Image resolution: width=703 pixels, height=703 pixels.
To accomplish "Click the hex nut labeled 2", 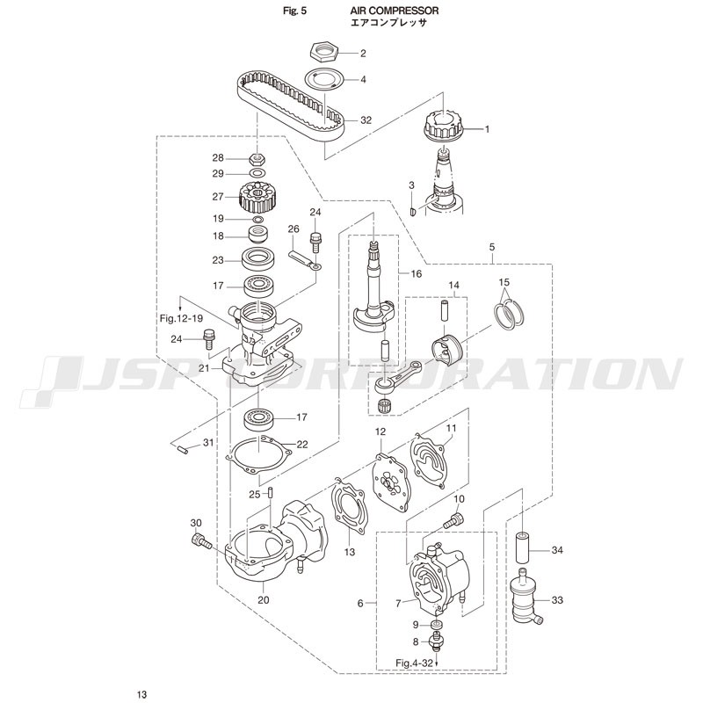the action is pos(323,52).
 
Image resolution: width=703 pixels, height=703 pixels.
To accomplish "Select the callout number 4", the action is pos(363,80).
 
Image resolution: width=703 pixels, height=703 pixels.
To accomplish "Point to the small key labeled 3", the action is pos(413,210).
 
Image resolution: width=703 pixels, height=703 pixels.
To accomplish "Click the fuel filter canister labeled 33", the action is pos(525,597).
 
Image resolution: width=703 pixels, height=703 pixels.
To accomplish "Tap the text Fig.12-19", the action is pos(182,318).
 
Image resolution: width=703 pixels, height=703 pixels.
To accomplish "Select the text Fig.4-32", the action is pos(414,663).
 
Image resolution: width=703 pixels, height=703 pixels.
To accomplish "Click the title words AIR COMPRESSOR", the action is pos(395,11).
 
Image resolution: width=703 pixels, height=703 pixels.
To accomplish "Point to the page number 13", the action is pos(141,694).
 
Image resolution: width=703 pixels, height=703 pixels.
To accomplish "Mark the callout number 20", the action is pos(264,600).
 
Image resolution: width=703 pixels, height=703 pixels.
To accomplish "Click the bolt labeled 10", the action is pos(454,521).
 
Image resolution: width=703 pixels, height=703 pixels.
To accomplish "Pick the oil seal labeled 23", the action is pos(257,259).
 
